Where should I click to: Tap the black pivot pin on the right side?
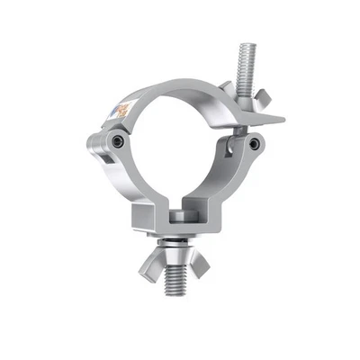(x=254, y=143)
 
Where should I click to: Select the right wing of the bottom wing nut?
(x=205, y=267)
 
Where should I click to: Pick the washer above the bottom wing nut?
(x=178, y=246)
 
